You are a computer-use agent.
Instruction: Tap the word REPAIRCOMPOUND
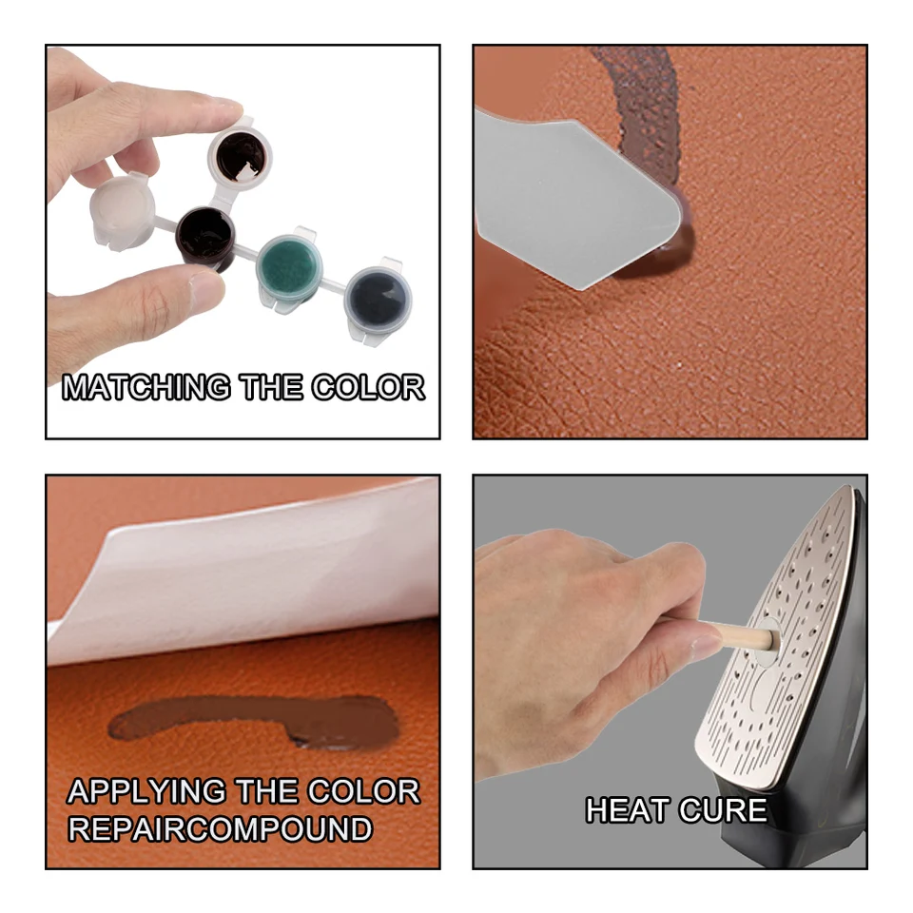click(219, 829)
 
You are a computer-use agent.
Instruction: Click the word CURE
click(723, 810)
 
